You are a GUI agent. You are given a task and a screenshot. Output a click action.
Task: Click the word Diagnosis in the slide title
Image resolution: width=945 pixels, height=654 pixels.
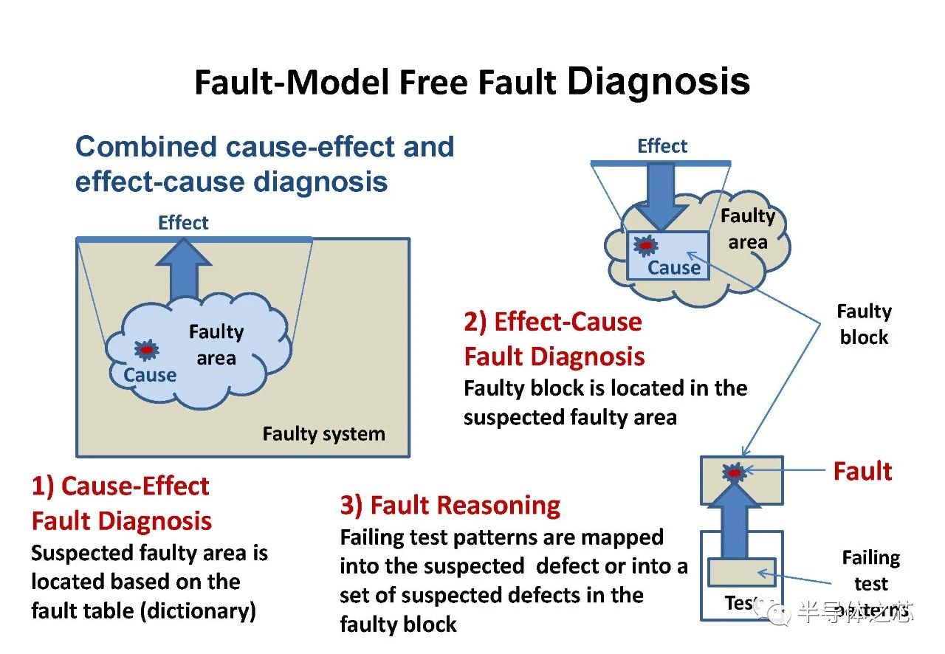click(x=659, y=81)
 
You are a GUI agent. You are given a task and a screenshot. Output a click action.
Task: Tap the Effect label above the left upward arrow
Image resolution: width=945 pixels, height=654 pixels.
click(x=183, y=223)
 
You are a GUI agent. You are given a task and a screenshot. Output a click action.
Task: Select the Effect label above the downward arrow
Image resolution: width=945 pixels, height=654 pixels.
click(x=662, y=146)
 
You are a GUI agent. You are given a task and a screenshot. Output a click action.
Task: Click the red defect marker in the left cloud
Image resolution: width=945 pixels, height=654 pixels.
click(x=146, y=348)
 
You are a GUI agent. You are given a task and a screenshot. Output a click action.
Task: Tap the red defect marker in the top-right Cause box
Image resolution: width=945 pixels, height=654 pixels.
click(x=647, y=244)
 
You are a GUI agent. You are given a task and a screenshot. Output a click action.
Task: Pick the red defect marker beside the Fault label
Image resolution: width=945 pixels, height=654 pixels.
click(x=735, y=472)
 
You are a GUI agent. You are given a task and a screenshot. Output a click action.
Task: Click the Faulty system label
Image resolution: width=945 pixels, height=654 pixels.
click(x=323, y=433)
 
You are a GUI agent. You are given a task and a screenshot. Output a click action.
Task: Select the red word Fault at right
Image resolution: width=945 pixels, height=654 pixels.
click(x=862, y=471)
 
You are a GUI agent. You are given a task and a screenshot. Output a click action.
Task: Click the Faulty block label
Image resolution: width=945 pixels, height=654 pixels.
click(x=864, y=325)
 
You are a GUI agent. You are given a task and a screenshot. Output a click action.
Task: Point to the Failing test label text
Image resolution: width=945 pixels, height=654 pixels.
click(x=871, y=571)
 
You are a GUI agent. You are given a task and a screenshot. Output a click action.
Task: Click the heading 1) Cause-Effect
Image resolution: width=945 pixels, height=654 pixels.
click(x=120, y=486)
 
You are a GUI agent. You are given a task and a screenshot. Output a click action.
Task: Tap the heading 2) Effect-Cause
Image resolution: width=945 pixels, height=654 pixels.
click(x=553, y=322)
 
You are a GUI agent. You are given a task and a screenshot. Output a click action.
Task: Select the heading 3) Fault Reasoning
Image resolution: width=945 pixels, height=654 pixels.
click(x=450, y=506)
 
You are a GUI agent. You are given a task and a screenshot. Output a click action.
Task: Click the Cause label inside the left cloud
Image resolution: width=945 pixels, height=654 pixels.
click(x=150, y=375)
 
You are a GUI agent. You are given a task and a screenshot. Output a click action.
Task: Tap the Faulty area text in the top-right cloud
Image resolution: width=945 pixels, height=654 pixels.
click(x=748, y=229)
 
